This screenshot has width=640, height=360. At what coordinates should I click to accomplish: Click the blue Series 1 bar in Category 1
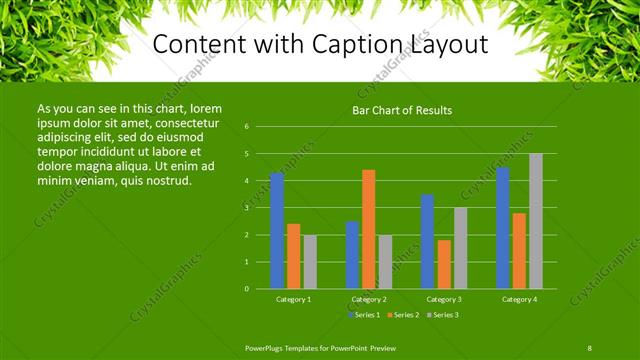pyautogui.click(x=277, y=231)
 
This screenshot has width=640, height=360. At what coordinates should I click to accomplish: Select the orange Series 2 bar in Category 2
pyautogui.click(x=368, y=229)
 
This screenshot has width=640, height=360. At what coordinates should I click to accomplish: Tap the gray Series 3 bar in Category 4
pyautogui.click(x=536, y=221)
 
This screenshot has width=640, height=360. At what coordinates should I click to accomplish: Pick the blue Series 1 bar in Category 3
pyautogui.click(x=427, y=241)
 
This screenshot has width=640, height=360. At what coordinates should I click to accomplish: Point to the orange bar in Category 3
pyautogui.click(x=444, y=264)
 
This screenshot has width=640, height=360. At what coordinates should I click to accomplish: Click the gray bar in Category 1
pyautogui.click(x=310, y=262)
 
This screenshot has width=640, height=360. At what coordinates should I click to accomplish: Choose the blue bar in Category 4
pyautogui.click(x=503, y=228)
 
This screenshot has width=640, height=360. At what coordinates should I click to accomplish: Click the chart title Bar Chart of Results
pyautogui.click(x=403, y=110)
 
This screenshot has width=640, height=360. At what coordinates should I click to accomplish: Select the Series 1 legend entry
pyautogui.click(x=365, y=315)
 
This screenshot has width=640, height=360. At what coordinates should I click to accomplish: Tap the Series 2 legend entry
pyautogui.click(x=403, y=315)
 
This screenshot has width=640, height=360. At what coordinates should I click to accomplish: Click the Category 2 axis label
pyautogui.click(x=369, y=299)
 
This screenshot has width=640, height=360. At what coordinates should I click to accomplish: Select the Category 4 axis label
pyautogui.click(x=519, y=299)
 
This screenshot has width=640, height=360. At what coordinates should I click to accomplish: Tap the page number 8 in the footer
pyautogui.click(x=589, y=348)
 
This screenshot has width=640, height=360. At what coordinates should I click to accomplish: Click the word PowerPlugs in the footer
pyautogui.click(x=267, y=348)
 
